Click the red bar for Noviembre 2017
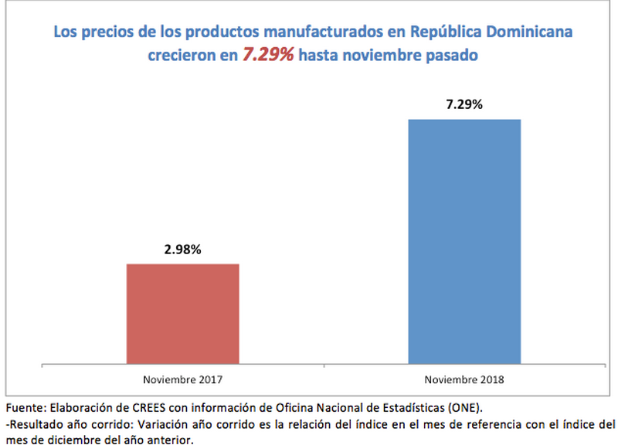point(182,313)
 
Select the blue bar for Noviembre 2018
point(464,240)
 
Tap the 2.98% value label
point(182,250)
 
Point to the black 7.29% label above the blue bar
point(464,105)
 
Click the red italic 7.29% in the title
point(268,55)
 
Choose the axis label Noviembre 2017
point(182,379)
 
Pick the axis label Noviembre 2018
point(464,379)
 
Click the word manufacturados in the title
point(309,32)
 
